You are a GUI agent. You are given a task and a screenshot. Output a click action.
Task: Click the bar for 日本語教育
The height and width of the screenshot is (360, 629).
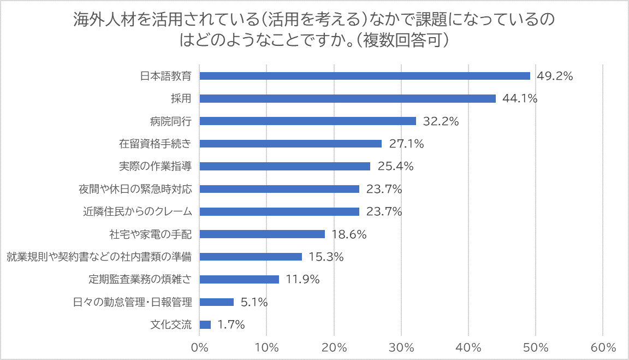pyautogui.click(x=365, y=76)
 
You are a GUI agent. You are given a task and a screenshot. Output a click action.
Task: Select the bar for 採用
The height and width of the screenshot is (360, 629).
pyautogui.click(x=348, y=98)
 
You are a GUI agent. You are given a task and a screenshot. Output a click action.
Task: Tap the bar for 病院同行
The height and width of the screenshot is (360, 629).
pyautogui.click(x=307, y=121)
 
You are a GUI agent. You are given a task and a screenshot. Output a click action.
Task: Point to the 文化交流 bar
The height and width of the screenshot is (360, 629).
pyautogui.click(x=205, y=324)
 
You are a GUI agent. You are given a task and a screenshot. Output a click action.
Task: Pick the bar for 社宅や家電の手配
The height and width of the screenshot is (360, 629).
pyautogui.click(x=262, y=234)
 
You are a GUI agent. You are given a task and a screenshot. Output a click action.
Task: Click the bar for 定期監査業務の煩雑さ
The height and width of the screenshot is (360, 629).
pyautogui.click(x=239, y=279)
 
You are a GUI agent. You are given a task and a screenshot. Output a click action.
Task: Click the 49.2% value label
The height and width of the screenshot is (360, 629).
pyautogui.click(x=555, y=76)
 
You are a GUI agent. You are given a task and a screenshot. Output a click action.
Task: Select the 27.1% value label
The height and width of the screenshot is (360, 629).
pyautogui.click(x=407, y=144)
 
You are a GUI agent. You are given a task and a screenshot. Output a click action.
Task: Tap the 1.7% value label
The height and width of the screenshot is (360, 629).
pyautogui.click(x=231, y=324)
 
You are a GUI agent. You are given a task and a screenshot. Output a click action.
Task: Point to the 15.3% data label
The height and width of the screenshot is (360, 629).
pyautogui.click(x=326, y=257)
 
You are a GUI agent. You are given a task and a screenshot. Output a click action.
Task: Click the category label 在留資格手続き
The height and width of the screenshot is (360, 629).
pyautogui.click(x=156, y=144)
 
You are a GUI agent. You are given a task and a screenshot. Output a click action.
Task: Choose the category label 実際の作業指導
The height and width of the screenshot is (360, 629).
pyautogui.click(x=156, y=166)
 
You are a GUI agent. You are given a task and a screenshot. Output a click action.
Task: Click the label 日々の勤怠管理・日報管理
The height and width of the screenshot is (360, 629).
pyautogui.click(x=133, y=302)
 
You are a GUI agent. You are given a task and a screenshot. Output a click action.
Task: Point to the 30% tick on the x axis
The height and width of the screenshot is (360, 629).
pyautogui.click(x=401, y=347)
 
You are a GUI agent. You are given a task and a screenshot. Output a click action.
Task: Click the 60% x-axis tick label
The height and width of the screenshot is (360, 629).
pyautogui.click(x=603, y=347)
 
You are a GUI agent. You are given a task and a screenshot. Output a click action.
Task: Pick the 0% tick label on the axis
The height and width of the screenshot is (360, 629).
pyautogui.click(x=200, y=347)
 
